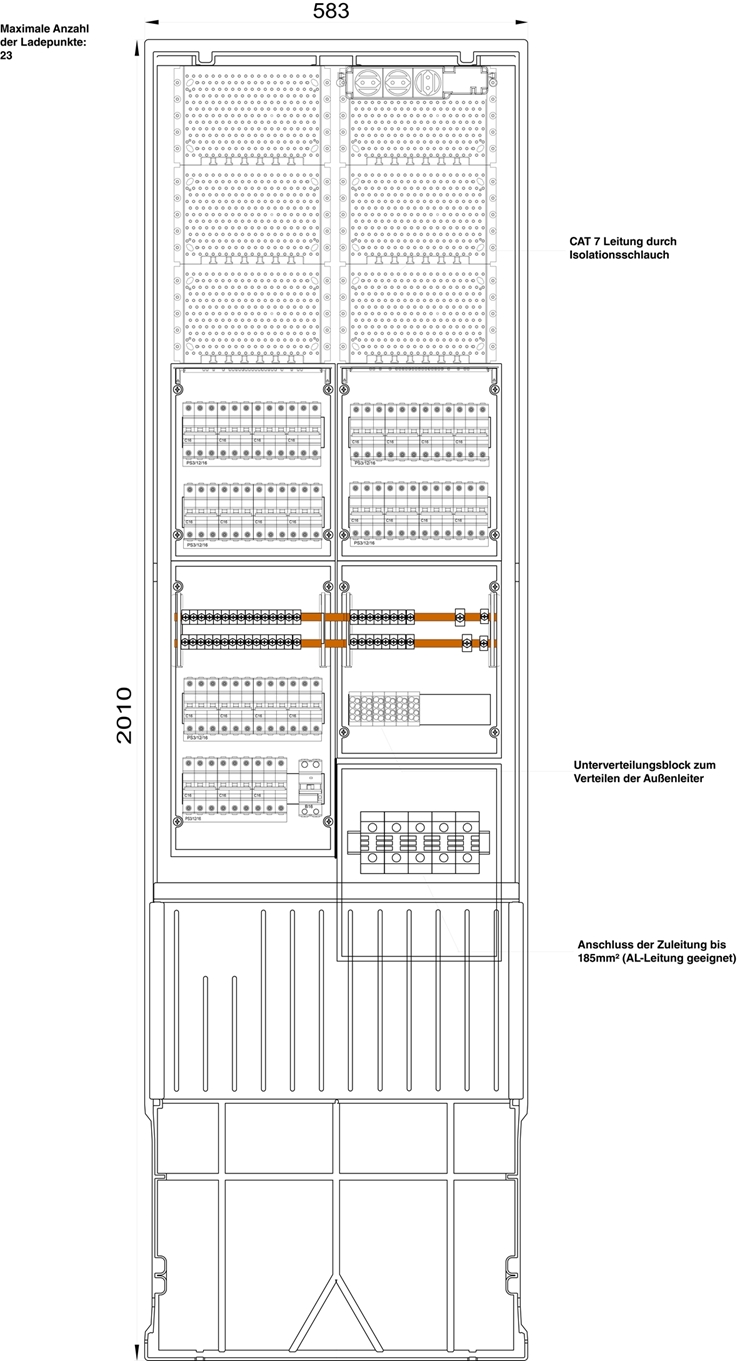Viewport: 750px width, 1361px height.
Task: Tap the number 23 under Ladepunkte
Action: [7, 55]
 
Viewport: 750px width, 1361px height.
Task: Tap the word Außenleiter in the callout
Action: [680, 779]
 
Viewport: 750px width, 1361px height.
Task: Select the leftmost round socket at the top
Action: [367, 81]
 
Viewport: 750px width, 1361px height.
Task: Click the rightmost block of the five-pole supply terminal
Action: [468, 843]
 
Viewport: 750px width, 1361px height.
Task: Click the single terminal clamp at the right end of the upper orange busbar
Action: [460, 617]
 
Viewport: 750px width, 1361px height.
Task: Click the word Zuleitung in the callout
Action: [680, 944]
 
